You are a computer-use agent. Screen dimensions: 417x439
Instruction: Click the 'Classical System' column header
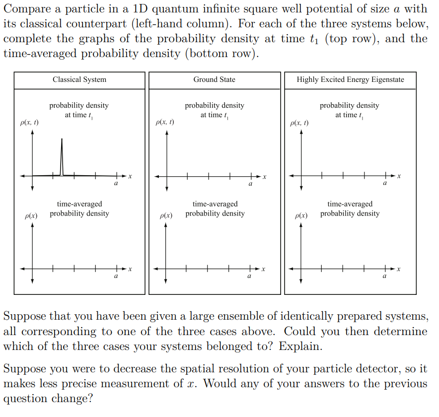[79, 79]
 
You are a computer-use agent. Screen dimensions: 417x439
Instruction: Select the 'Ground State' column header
[215, 79]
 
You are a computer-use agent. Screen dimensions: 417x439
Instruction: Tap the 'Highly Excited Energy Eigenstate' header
[350, 79]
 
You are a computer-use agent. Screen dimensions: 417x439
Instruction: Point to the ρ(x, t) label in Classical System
[29, 122]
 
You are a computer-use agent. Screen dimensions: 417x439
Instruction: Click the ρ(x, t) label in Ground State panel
[165, 122]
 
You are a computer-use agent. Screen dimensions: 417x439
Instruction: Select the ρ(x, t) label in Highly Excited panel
[299, 122]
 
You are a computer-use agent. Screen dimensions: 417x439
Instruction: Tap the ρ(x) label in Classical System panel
[32, 216]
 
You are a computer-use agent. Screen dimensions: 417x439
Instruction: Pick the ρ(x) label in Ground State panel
[166, 216]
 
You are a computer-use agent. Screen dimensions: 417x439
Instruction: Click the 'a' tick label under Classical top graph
[116, 184]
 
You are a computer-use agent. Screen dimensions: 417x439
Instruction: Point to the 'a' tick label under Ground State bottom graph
[249, 277]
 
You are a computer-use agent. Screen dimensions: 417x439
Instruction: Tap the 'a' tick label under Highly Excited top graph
[384, 184]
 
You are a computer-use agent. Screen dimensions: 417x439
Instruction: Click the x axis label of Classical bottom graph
[130, 269]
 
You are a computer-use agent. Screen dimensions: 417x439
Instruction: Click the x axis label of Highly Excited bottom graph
[398, 269]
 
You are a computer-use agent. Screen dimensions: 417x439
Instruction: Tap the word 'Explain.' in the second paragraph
[300, 346]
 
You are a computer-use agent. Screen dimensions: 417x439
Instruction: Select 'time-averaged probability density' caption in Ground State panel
[215, 208]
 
